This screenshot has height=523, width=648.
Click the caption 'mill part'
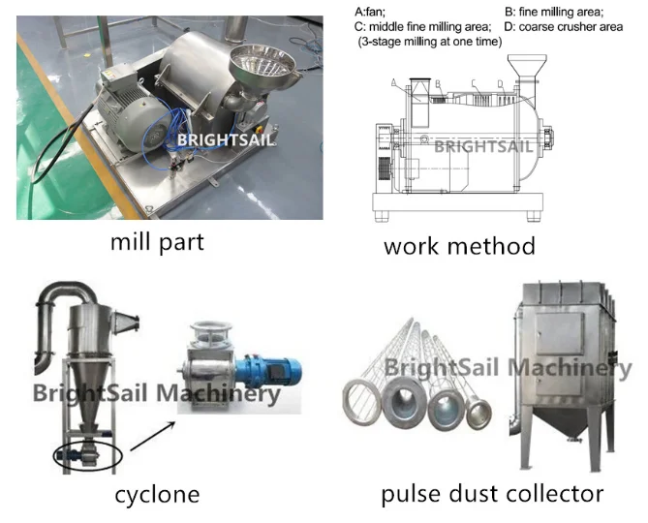click(x=157, y=240)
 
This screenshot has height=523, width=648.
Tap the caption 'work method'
click(x=459, y=245)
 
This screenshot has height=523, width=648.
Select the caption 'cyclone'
click(x=157, y=494)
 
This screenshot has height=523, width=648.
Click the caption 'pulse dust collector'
click(x=492, y=494)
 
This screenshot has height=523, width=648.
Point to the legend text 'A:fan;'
click(x=374, y=12)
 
